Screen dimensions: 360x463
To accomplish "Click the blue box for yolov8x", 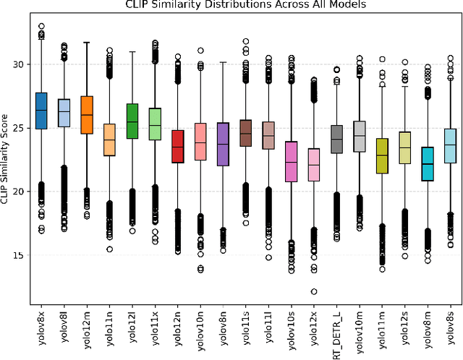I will point(41,111).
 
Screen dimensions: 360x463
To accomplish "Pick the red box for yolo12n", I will point(177,147).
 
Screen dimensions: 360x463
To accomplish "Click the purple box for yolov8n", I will point(223,144).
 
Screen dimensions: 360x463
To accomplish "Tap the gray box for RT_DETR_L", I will point(336,138).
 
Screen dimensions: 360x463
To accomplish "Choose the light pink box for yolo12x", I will point(314,164).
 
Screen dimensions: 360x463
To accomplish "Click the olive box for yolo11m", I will point(382,155).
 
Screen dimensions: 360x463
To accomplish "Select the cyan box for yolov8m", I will point(428,163).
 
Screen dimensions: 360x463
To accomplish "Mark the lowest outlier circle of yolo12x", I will point(314,292).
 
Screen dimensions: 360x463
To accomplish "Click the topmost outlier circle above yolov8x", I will point(41,27).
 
